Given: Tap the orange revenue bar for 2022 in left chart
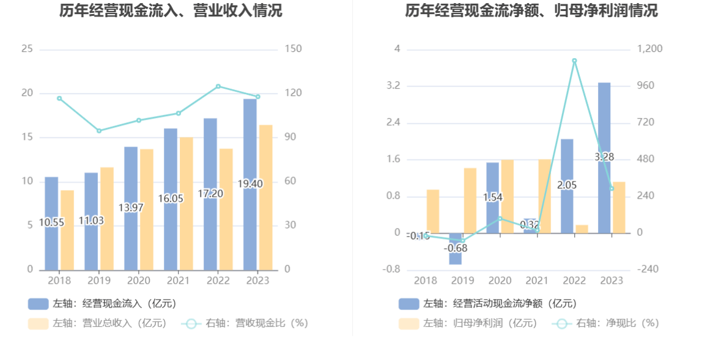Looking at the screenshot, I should click(x=226, y=208).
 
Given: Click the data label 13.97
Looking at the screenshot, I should click(x=131, y=208).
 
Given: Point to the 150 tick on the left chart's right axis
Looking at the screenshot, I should click(x=294, y=49).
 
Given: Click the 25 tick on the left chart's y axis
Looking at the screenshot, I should click(x=27, y=49).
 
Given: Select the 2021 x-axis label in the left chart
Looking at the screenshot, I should click(x=178, y=281).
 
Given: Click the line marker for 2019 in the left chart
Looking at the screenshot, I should click(x=99, y=131).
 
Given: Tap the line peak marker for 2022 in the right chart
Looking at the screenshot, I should click(x=574, y=61).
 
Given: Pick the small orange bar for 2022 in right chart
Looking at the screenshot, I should click(x=582, y=229).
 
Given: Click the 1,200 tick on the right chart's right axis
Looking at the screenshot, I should click(x=651, y=49).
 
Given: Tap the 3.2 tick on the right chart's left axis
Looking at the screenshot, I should click(x=393, y=86).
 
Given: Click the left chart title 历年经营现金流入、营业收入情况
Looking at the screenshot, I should click(x=171, y=11).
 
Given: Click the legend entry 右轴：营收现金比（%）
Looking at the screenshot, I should click(x=245, y=323).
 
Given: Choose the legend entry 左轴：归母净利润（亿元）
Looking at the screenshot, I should click(x=468, y=323).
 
